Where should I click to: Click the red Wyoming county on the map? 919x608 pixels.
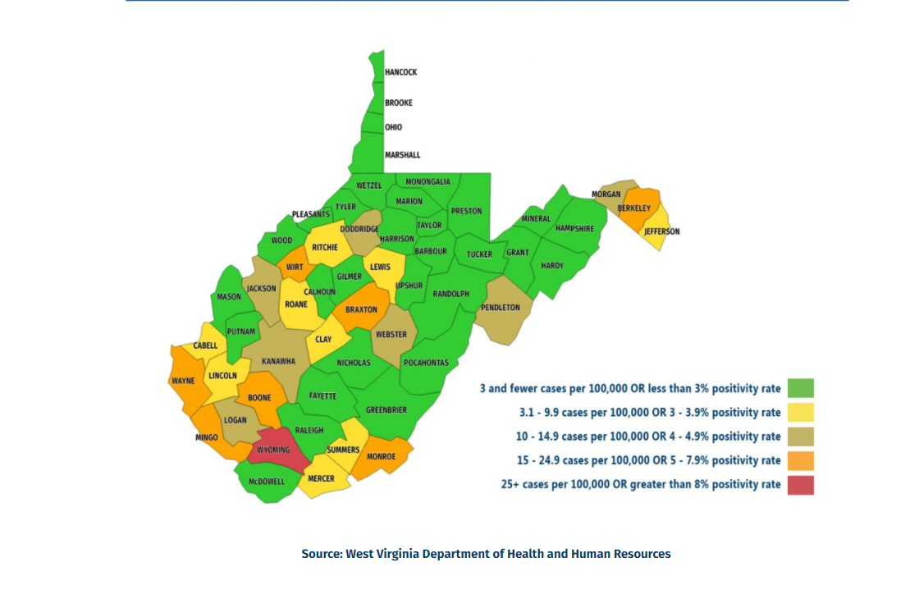tap(274, 450)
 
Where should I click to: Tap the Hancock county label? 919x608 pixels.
tap(400, 72)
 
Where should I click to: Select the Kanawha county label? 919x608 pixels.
tap(278, 361)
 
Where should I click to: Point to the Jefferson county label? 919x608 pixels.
tap(661, 231)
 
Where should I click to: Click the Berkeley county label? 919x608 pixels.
tap(633, 208)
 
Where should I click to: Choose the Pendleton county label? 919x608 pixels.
tap(500, 308)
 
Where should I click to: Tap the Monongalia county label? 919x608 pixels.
tap(427, 182)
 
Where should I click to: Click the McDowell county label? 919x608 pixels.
tap(267, 482)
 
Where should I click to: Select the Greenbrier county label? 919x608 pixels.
tap(386, 410)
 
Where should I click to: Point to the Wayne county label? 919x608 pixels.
tap(182, 381)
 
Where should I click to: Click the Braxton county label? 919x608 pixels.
tap(361, 310)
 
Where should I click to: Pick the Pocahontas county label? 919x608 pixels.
tap(426, 363)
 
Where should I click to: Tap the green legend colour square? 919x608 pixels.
tap(801, 388)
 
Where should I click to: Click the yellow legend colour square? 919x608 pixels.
tap(801, 412)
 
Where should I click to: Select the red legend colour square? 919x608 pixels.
tap(801, 485)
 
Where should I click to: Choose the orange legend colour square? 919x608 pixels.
tap(801, 460)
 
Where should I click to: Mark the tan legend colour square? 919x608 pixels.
tap(801, 437)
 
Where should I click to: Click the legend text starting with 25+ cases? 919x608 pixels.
tap(641, 485)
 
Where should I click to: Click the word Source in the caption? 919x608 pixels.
tap(321, 554)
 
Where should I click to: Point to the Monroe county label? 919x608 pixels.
tap(381, 456)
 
